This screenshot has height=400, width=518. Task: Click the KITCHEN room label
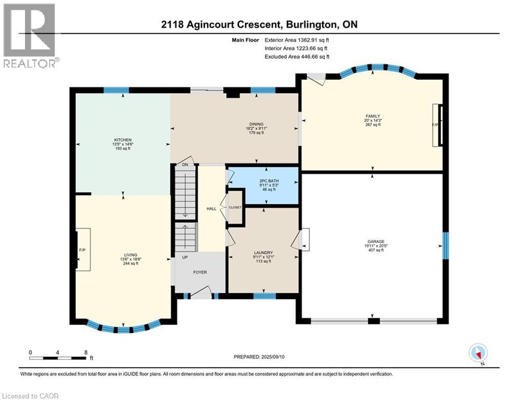coord(122,140)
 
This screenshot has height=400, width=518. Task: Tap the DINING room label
coord(256,124)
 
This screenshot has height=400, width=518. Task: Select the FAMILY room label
coord(373,116)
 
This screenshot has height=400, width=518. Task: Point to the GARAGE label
coord(376,242)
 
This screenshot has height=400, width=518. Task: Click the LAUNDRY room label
coord(263,253)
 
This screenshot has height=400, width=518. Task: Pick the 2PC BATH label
coord(269,181)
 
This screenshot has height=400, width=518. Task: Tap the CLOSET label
coord(235,207)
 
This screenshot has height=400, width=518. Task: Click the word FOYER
coord(200,272)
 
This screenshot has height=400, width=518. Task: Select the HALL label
coord(211,209)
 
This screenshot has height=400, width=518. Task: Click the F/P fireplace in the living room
coord(83,250)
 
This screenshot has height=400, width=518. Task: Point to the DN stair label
coord(185,164)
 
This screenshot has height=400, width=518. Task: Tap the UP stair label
coord(185,257)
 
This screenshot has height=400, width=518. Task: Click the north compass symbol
coord(478,354)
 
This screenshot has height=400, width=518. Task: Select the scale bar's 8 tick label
coord(86,352)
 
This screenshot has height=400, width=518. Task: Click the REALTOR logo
coord(31,35)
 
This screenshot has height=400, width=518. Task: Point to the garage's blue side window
coord(446,246)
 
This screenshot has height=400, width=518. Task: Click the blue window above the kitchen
coord(116,90)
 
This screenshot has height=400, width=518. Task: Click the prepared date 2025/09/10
coord(273,357)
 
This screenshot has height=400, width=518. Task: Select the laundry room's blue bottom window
coord(264,296)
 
